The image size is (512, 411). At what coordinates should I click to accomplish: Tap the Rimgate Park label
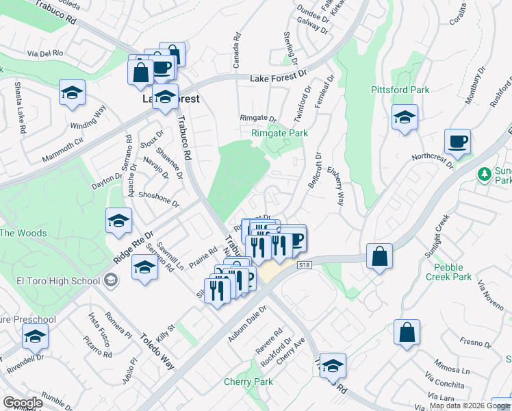coord(279,133)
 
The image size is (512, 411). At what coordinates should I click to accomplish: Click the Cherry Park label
coord(248,382)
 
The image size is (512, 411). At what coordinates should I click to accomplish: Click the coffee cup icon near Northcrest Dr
coord(457,142)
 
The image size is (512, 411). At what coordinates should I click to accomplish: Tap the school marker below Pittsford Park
coord(405,117)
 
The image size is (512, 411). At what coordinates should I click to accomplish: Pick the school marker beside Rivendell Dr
coord(35,336)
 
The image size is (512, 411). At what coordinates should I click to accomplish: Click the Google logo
coord(23,402)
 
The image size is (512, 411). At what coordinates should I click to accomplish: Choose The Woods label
coord(23,233)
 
